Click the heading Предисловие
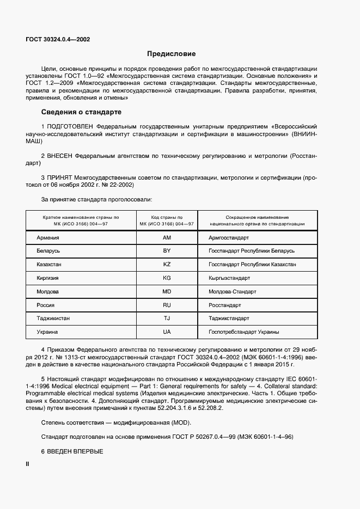tap(172, 54)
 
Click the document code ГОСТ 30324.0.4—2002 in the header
tap(58, 40)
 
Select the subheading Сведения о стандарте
tap(81, 113)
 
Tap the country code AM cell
tap(167, 238)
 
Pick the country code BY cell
tap(167, 251)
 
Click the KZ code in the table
tap(167, 265)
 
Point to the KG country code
tap(167, 278)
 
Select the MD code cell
tap(167, 292)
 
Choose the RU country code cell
tap(167, 305)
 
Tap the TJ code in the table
tap(167, 318)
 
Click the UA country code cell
tap(167, 332)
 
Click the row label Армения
tap(48, 238)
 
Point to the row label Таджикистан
tap(53, 318)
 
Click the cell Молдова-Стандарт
tap(232, 292)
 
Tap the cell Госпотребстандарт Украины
tap(243, 332)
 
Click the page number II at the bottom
tap(28, 464)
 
